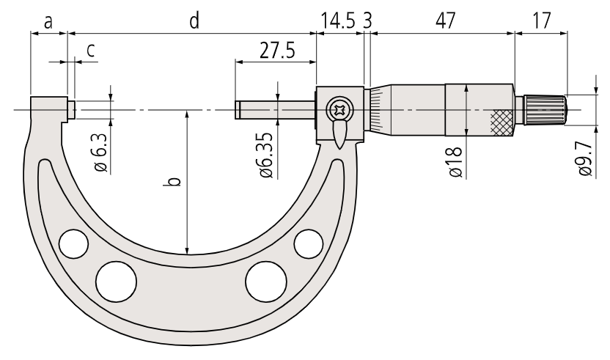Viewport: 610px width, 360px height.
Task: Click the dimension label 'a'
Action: point(48,22)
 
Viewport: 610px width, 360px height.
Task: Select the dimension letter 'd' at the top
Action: point(194,21)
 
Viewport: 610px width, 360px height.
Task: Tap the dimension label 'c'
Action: point(91,50)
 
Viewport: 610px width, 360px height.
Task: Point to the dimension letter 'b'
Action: point(175,181)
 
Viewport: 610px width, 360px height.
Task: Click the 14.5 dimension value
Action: point(338,21)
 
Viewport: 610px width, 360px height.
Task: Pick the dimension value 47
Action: point(445,21)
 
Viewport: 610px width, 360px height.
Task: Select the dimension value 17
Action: point(541,21)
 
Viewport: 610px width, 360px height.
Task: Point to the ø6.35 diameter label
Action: point(268,155)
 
